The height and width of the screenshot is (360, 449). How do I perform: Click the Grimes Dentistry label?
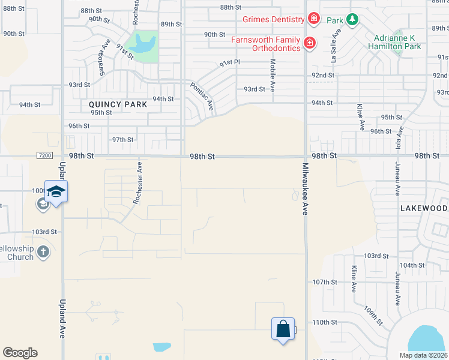point(274,19)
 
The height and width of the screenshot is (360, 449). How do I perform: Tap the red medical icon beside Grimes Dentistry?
point(313,19)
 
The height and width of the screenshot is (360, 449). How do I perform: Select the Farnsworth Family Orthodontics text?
point(265,44)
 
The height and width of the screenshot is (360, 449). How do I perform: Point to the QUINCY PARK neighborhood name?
point(113,104)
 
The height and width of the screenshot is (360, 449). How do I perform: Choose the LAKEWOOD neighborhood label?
point(424,208)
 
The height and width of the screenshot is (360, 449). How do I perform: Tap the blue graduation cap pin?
point(56,191)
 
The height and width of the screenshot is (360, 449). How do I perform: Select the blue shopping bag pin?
point(283,329)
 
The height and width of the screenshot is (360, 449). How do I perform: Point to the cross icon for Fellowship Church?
point(43,252)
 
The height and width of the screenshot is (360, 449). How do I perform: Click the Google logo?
point(20,353)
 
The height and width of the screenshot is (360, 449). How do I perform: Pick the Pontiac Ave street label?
point(202,97)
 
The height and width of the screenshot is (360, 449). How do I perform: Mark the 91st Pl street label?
point(229,62)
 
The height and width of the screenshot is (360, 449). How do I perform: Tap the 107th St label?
point(325,282)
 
